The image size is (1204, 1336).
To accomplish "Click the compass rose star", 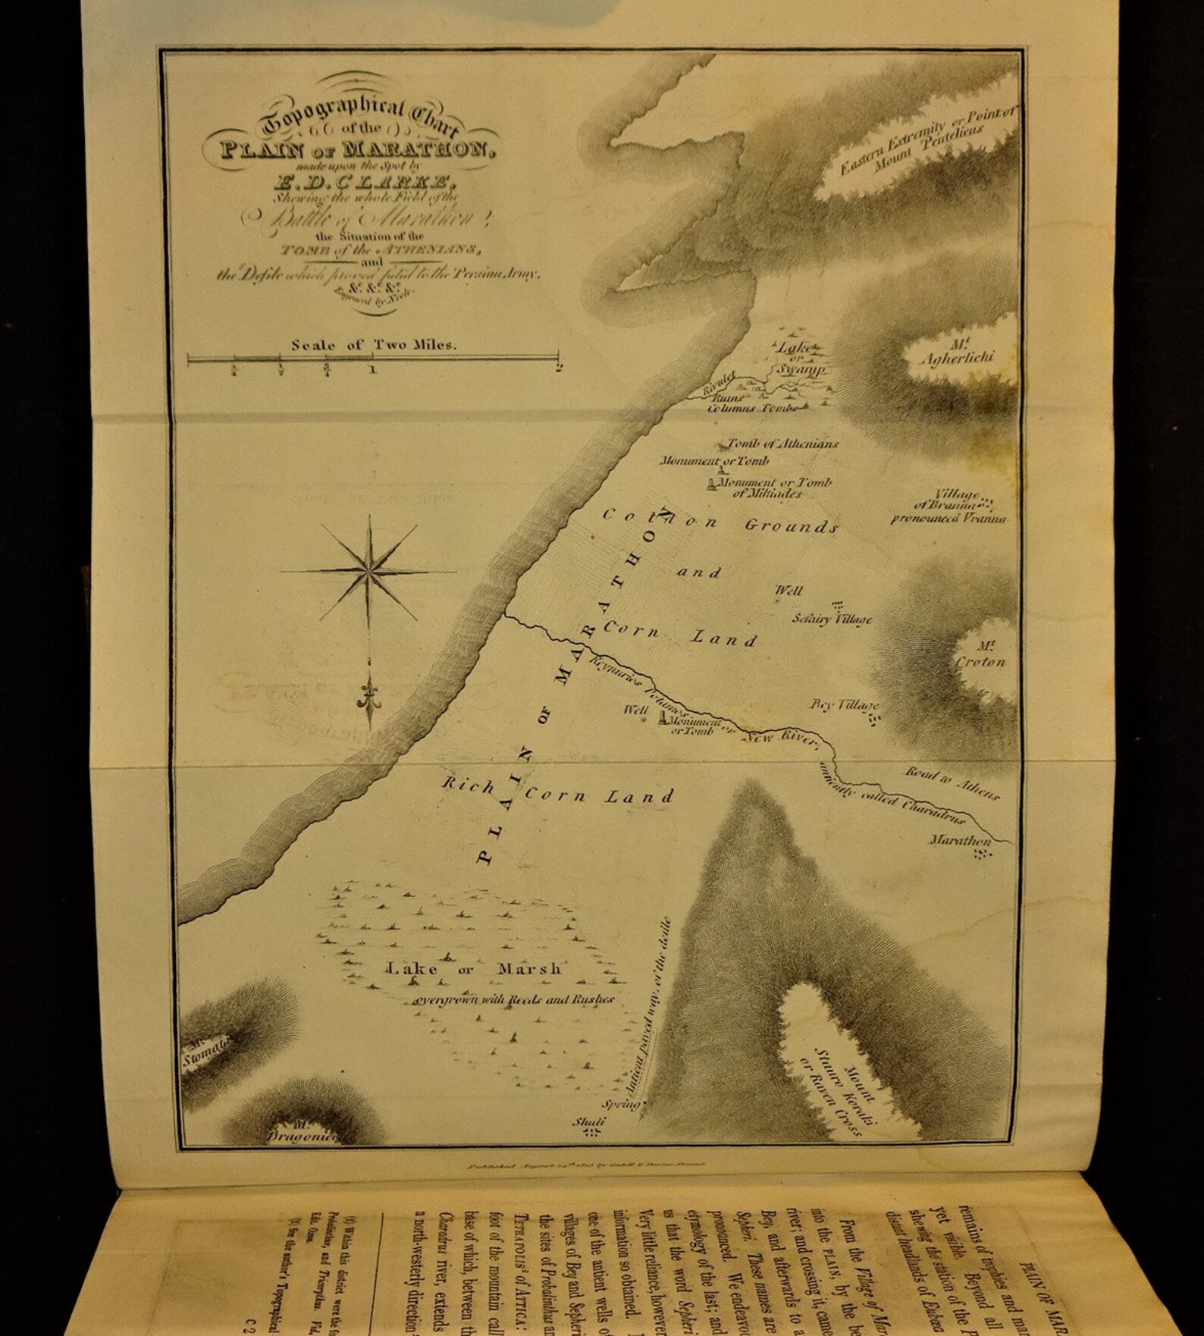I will [x=369, y=570].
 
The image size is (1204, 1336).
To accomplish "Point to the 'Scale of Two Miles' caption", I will [x=374, y=345].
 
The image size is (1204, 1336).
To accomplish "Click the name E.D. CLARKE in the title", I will [x=356, y=180].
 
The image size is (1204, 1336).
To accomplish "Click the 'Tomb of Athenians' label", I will [x=782, y=444].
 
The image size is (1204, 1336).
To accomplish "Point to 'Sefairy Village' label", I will [x=832, y=619].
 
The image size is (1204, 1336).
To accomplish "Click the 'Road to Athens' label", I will [x=952, y=783].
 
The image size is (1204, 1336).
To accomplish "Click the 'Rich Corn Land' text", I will [x=558, y=792].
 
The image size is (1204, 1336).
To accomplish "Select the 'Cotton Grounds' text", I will [x=720, y=522].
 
